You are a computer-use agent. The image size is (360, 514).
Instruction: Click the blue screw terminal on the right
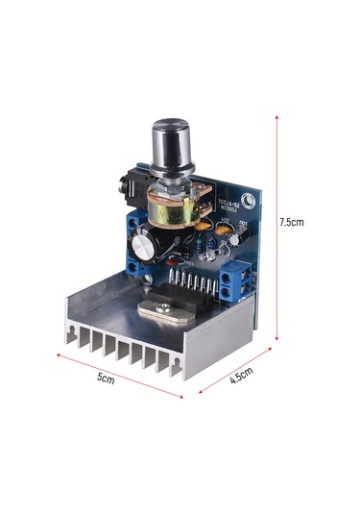click(x=235, y=281)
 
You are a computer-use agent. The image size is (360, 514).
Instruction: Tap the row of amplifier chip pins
click(x=192, y=286)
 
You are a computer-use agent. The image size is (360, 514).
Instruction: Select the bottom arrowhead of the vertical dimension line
click(x=277, y=337)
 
